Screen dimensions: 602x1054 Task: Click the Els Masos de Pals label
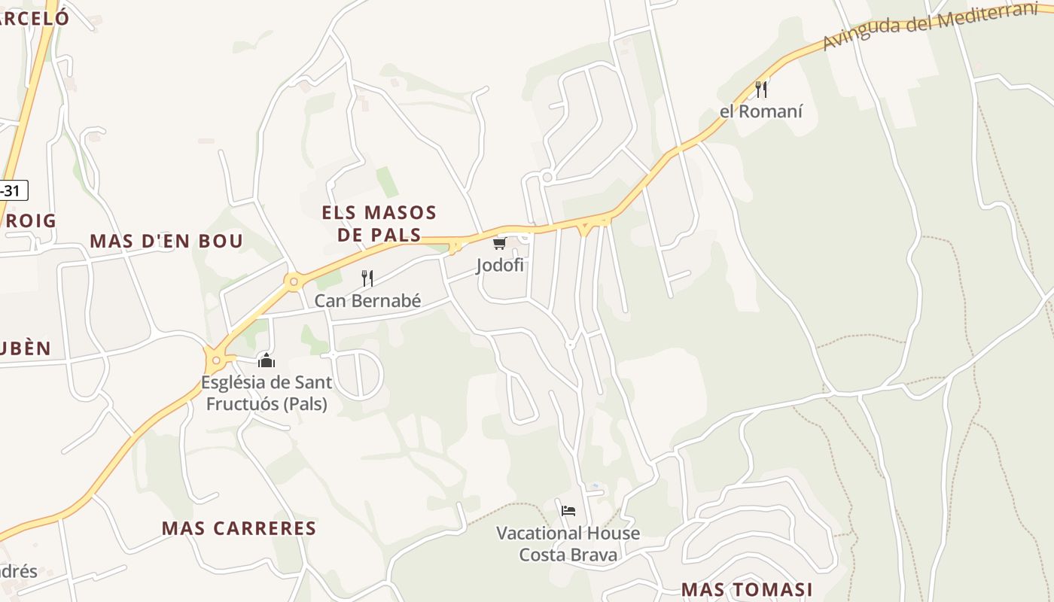click(x=379, y=223)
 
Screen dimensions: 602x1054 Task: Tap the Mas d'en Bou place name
click(x=166, y=241)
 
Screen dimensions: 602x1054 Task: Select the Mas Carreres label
click(x=239, y=528)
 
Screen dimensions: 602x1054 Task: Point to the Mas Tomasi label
click(x=747, y=589)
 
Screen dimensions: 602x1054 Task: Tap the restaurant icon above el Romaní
click(x=761, y=90)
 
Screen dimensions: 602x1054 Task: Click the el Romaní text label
click(x=761, y=111)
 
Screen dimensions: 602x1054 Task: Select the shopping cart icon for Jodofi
click(x=499, y=243)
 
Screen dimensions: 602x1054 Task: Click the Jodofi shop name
click(x=499, y=265)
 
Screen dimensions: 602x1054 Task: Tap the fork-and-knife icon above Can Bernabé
click(x=367, y=278)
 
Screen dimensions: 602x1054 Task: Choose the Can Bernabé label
click(x=367, y=301)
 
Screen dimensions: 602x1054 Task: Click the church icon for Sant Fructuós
click(x=266, y=360)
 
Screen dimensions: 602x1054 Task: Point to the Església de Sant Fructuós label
click(x=266, y=393)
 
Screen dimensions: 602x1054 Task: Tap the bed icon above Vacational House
click(x=568, y=511)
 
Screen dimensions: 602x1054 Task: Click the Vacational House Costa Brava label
click(x=568, y=544)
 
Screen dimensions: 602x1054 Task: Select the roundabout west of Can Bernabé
click(x=294, y=282)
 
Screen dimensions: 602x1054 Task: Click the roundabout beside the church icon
click(x=217, y=360)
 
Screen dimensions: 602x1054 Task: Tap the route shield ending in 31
click(x=11, y=190)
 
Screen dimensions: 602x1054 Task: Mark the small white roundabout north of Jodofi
click(x=547, y=177)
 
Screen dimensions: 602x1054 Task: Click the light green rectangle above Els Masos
click(x=388, y=182)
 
